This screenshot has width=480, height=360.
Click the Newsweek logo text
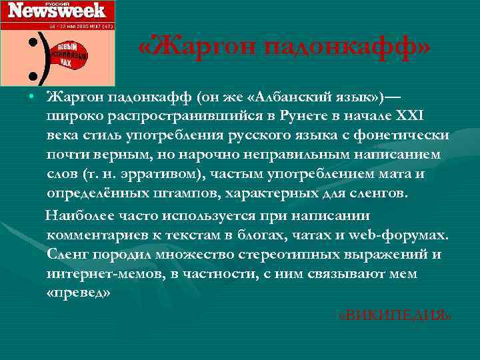(x=57, y=10)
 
